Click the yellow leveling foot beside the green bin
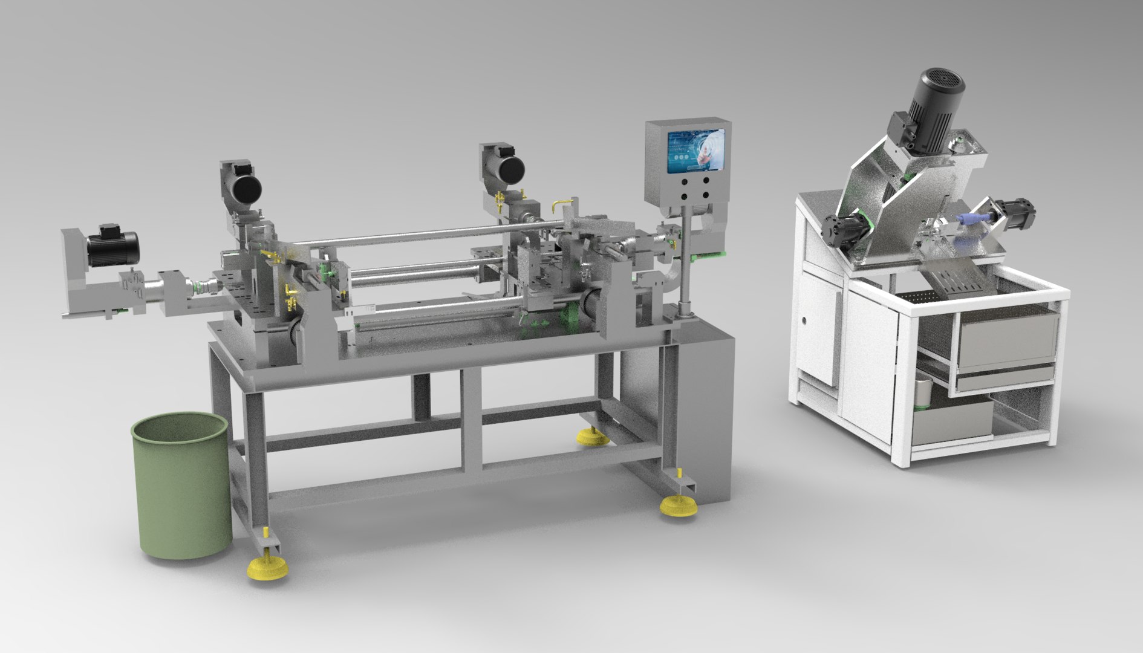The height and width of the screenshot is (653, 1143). point(266,567)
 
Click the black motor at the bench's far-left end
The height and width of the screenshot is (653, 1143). point(112,244)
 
